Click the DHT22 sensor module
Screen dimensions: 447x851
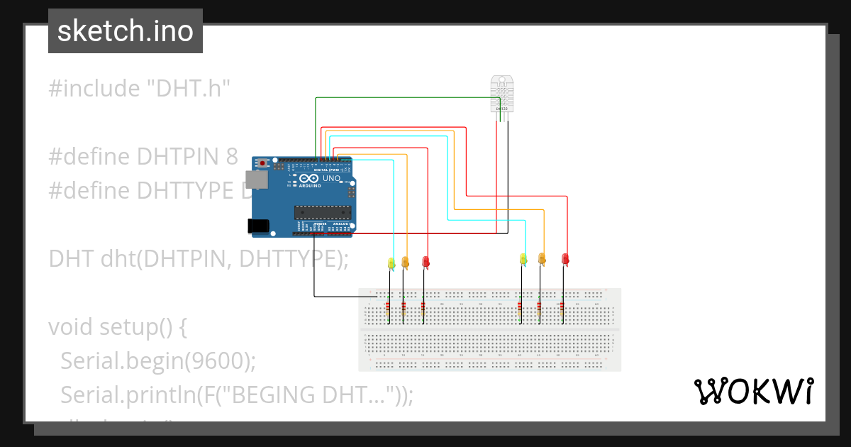click(x=502, y=94)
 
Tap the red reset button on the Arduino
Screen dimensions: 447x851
click(x=263, y=163)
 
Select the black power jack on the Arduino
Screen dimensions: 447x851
click(x=258, y=226)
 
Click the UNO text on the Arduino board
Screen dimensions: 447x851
click(x=332, y=179)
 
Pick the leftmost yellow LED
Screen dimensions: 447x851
click(x=391, y=263)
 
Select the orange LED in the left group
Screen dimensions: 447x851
click(x=405, y=262)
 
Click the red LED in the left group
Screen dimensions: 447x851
click(x=425, y=262)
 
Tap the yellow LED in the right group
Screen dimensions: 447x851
click(x=523, y=259)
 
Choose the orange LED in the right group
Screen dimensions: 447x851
click(x=542, y=259)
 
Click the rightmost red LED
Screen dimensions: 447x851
click(x=565, y=259)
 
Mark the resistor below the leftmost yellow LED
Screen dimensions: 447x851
click(x=388, y=309)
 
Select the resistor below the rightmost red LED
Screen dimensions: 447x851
click(x=561, y=309)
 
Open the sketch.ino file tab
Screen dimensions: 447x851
click(x=126, y=31)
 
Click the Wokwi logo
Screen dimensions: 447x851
click(x=752, y=392)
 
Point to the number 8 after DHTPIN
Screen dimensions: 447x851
click(x=232, y=157)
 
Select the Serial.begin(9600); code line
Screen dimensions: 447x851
click(x=157, y=360)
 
